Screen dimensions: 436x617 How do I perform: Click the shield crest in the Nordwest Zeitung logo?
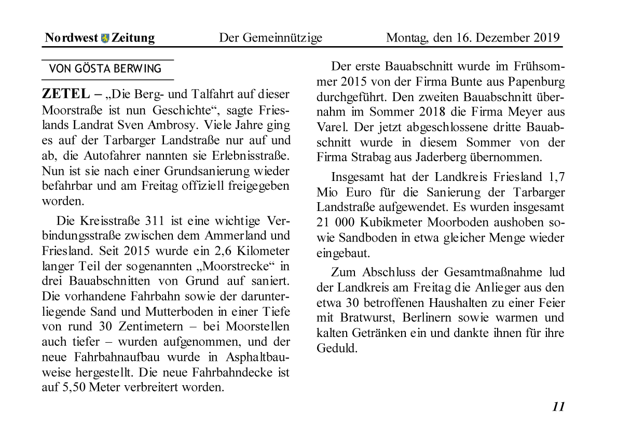105,38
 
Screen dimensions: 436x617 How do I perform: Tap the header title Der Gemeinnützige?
270,38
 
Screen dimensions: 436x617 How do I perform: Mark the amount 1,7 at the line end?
556,177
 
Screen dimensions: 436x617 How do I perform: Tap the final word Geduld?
337,348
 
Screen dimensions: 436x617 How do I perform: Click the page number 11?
558,406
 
